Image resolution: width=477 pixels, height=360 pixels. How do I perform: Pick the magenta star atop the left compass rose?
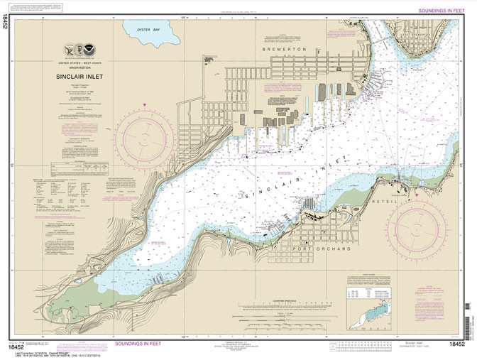[x=145, y=107]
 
